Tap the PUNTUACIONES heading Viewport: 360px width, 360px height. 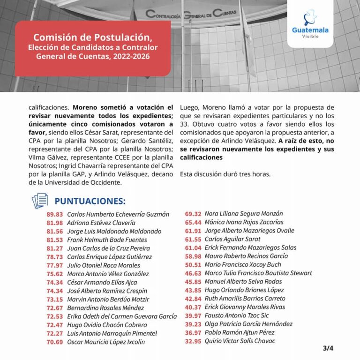(90, 201)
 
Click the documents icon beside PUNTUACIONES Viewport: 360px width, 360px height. (40, 201)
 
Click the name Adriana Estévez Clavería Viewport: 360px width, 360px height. (101, 223)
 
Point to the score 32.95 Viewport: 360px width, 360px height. (193, 341)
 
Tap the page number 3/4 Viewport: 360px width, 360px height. (328, 348)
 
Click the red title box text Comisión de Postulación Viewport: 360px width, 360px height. (93, 37)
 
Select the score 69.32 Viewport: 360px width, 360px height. (193, 213)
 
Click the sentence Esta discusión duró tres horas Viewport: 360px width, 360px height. (225, 174)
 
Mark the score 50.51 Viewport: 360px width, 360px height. (193, 264)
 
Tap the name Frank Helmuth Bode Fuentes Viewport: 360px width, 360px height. (107, 240)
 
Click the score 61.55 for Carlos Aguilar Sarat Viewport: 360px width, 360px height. (193, 239)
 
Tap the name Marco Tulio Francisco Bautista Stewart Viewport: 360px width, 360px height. (258, 273)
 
